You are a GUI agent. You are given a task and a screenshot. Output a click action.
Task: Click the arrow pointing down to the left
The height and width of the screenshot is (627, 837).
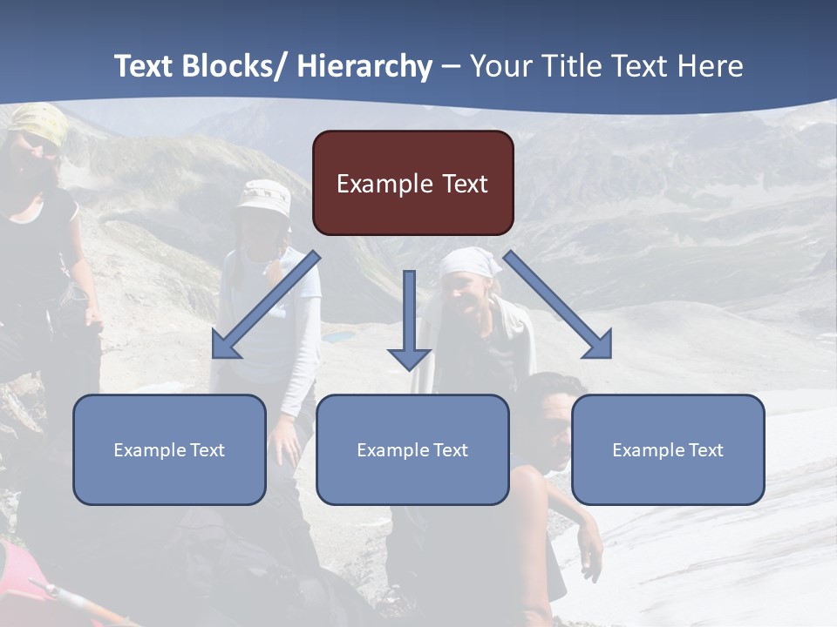click(x=265, y=305)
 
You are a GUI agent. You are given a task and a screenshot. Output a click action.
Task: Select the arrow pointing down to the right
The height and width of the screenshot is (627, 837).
click(x=558, y=305)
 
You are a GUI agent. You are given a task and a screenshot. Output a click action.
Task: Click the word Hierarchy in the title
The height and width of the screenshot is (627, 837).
click(x=364, y=66)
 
